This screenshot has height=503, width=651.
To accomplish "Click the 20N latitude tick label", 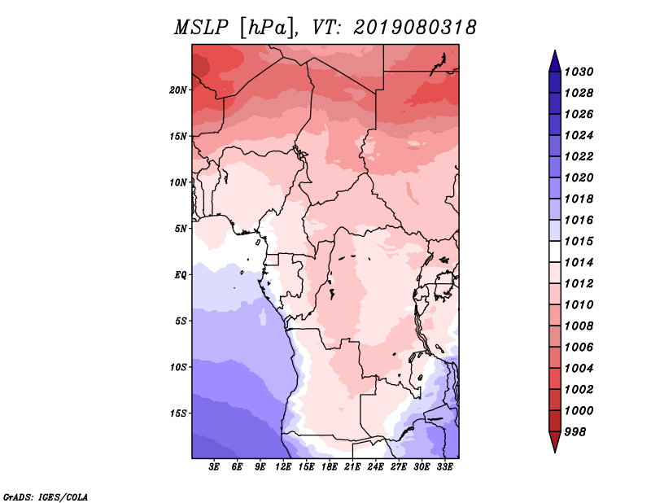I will point(178,90).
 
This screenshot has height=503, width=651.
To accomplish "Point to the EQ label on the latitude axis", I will point(181,274).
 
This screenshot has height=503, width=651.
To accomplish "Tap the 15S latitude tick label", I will point(178,413).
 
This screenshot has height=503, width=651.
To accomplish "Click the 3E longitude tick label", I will point(215,468).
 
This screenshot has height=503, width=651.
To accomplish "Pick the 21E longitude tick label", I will point(352,468).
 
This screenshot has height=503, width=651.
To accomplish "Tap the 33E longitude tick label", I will point(444,468).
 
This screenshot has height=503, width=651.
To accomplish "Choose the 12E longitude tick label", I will point(283,468).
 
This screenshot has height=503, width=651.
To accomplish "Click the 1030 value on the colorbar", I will point(580,72).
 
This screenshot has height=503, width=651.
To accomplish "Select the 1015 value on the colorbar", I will point(580,241).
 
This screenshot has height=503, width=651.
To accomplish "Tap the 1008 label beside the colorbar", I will point(580,326).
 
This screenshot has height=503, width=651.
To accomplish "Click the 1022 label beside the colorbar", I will point(580,156).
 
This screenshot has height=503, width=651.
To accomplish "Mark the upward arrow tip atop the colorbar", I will point(554,53).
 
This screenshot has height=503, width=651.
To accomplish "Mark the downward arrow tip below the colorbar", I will point(554,450).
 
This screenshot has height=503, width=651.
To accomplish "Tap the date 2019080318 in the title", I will point(415,28).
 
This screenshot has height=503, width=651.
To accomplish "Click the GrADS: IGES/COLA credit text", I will point(46,496).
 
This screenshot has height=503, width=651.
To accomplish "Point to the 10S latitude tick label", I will point(178,366).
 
